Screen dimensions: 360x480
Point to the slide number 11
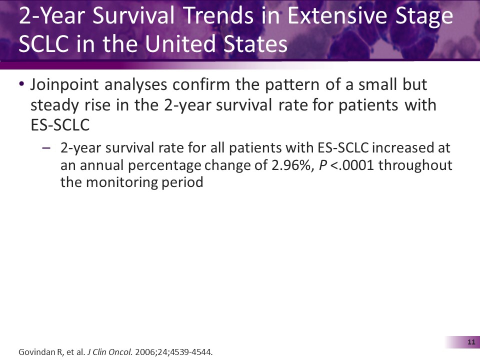tap(470, 342)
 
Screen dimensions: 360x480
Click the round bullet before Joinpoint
tap(21, 85)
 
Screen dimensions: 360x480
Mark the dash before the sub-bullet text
tap(46, 148)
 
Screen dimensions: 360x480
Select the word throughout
tap(415, 165)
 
